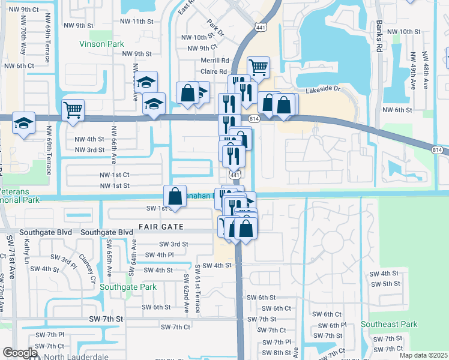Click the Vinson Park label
[101, 44]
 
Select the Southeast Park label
[389, 324]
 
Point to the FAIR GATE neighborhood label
[160, 227]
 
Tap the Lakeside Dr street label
[323, 89]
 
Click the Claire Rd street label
[214, 71]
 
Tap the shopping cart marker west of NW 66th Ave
[73, 109]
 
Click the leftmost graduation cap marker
[24, 124]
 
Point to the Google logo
[20, 353]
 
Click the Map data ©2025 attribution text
[423, 355]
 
